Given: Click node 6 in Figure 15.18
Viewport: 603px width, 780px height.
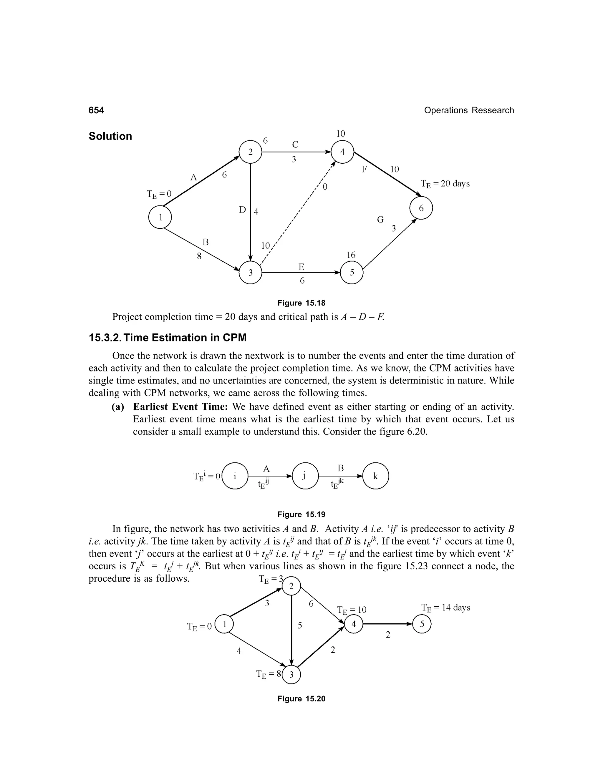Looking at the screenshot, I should click(421, 208).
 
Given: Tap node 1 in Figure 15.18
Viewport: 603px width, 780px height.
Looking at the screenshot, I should click(160, 217).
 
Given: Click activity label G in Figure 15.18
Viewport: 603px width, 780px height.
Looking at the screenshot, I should click(380, 220).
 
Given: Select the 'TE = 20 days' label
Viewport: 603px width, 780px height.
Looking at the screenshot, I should click(445, 184).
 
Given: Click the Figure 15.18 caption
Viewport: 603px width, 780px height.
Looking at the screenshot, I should click(301, 303).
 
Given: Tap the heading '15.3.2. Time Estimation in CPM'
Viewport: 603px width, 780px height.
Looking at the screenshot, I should click(168, 338).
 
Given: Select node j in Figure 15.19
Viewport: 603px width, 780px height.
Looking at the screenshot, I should click(305, 476).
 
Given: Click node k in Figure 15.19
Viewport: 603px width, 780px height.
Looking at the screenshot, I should click(375, 476).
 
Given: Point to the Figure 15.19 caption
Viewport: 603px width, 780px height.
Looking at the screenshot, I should click(301, 514).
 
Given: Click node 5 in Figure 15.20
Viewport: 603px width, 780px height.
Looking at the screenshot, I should click(422, 624).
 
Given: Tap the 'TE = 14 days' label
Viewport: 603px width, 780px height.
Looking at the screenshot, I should click(445, 608).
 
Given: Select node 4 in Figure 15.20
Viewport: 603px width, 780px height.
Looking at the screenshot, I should click(353, 624).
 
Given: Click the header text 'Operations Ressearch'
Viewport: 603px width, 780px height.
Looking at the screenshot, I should click(469, 110).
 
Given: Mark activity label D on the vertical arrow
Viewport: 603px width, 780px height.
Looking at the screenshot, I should click(243, 210).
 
